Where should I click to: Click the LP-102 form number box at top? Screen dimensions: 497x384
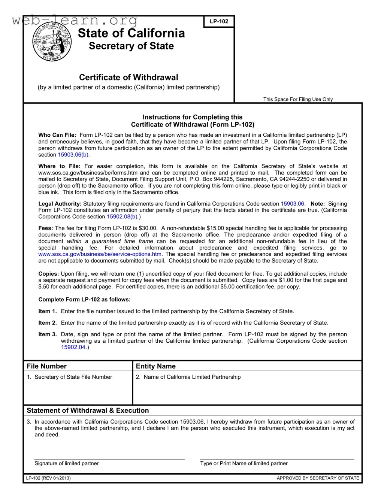tap(219, 21)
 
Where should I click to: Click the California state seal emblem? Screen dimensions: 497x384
tap(52, 42)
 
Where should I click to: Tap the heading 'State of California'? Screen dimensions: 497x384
tap(131, 33)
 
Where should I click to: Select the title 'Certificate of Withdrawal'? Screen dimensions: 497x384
tap(128, 77)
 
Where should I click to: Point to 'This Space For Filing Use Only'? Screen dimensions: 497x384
tap(298, 99)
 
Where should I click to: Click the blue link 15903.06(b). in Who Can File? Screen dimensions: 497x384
tap(73, 155)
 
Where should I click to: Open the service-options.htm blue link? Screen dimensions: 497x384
tap(100, 254)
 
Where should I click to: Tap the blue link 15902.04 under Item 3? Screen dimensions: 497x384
tap(73, 347)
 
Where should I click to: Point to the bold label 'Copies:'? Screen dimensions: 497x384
tap(49, 274)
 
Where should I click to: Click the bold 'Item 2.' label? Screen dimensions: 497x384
tap(48, 323)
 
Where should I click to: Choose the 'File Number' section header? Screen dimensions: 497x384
tap(46, 366)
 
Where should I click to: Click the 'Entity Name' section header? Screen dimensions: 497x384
tap(155, 366)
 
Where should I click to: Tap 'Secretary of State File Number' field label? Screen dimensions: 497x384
tap(73, 377)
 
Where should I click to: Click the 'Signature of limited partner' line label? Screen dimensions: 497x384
tap(66, 463)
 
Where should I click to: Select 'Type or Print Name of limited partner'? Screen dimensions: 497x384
tap(244, 463)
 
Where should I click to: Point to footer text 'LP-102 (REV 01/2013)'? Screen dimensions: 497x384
tap(48, 478)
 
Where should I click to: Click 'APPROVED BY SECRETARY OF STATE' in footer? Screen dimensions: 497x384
tap(318, 478)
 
